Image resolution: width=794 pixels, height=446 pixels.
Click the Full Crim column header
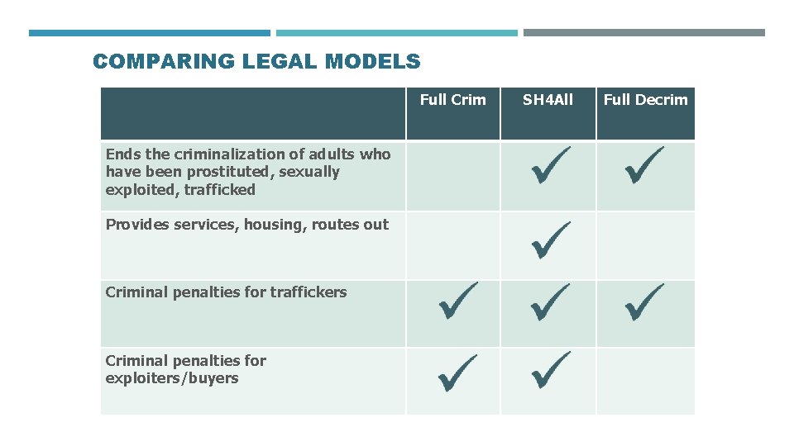pyautogui.click(x=452, y=100)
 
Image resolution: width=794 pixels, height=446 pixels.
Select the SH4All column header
pyautogui.click(x=548, y=100)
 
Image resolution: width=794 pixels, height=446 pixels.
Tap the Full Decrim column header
pyautogui.click(x=645, y=100)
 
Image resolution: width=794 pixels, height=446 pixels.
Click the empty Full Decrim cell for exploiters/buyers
pyautogui.click(x=645, y=381)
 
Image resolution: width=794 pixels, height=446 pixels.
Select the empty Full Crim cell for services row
pyautogui.click(x=452, y=245)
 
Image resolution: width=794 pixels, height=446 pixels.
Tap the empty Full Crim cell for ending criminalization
pyautogui.click(x=452, y=175)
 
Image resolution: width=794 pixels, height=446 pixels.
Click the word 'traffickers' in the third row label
pyautogui.click(x=305, y=292)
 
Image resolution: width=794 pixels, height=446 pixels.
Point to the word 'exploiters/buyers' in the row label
pyautogui.click(x=172, y=378)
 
